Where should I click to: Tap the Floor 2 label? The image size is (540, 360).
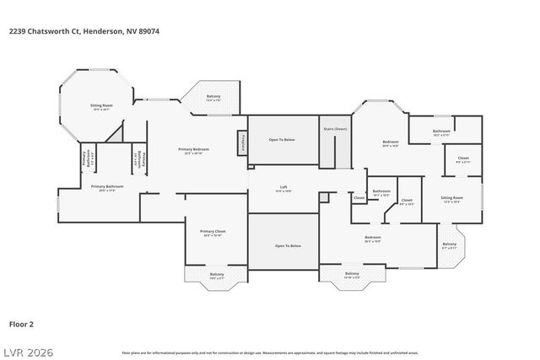(x=21, y=323)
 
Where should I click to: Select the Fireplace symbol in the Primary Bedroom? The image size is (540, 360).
(x=243, y=142)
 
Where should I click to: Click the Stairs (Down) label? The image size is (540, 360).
(x=335, y=129)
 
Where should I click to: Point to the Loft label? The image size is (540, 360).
(x=284, y=187)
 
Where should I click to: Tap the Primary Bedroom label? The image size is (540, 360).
(x=193, y=150)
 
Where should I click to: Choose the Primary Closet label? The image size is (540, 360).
(x=213, y=232)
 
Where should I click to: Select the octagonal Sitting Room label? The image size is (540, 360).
(x=101, y=106)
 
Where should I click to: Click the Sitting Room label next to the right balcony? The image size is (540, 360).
(x=452, y=199)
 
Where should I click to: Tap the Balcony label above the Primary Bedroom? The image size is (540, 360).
(x=213, y=97)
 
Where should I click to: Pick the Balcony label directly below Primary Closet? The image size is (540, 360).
(x=217, y=275)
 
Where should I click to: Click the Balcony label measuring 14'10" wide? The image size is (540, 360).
(x=352, y=275)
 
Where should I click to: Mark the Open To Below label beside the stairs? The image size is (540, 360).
(x=282, y=139)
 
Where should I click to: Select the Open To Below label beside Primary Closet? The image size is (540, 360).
(x=288, y=245)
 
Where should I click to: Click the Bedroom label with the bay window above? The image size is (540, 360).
(x=390, y=142)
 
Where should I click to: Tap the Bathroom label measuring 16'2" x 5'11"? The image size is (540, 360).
(x=441, y=132)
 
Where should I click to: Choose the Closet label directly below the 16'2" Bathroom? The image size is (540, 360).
(x=463, y=159)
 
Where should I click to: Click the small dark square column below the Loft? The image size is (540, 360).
(x=323, y=196)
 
